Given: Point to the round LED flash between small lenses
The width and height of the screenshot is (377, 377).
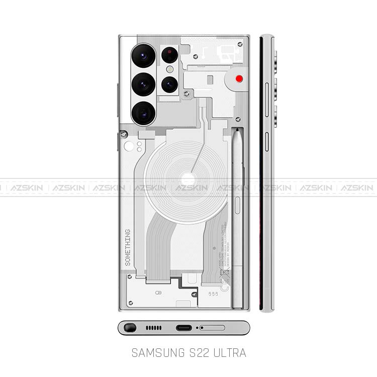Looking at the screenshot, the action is pyautogui.click(x=170, y=69).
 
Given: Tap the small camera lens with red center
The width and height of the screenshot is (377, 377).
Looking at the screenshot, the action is pyautogui.click(x=170, y=53).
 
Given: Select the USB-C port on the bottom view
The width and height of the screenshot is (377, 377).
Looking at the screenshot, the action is pyautogui.click(x=183, y=328).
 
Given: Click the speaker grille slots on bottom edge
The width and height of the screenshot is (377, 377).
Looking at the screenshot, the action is pyautogui.click(x=154, y=328).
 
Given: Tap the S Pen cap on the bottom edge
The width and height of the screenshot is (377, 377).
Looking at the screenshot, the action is pyautogui.click(x=130, y=328).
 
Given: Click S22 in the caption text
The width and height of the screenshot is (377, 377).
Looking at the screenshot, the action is pyautogui.click(x=196, y=353).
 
